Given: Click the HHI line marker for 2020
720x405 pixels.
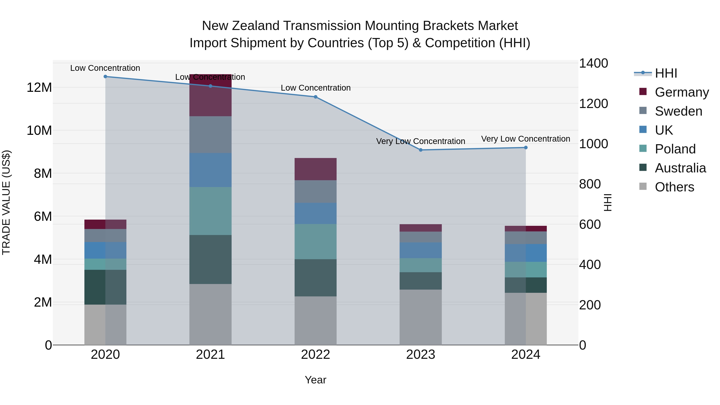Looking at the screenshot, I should tap(105, 77).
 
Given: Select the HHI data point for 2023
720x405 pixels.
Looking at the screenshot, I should tap(421, 150).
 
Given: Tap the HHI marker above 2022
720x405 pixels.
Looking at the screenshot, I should tap(316, 97).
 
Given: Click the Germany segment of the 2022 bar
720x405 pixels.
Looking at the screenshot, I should tap(316, 169).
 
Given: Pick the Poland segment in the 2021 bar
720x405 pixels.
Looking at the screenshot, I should tap(210, 211).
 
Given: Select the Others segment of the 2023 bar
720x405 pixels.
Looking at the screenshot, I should tap(421, 317).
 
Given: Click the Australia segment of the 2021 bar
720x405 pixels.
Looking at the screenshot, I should tap(210, 259).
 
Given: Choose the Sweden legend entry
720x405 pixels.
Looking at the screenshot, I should tap(678, 111).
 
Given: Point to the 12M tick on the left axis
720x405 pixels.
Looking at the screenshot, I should tap(39, 87).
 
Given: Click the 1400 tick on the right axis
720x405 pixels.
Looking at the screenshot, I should tap(593, 63).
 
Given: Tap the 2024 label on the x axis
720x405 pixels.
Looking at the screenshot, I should tap(525, 355).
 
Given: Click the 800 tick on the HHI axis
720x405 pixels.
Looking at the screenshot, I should tap(590, 184).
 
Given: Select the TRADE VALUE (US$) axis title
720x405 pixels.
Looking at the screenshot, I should tap(6, 202).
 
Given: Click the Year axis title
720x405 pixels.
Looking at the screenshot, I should tap(316, 380).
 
